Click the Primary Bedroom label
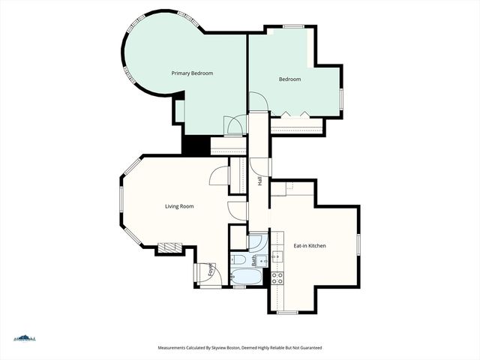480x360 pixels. tap(192, 73)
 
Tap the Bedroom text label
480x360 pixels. tap(289, 79)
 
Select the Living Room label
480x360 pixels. tap(180, 206)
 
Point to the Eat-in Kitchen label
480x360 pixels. tap(309, 245)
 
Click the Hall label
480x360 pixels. tap(259, 181)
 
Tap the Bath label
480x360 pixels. tap(254, 261)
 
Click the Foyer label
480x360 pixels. tap(210, 271)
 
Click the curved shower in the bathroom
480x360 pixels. tap(256, 242)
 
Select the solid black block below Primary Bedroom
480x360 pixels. tap(196, 145)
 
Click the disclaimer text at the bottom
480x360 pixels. tap(239, 348)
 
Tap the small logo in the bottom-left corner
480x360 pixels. tap(24, 338)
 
